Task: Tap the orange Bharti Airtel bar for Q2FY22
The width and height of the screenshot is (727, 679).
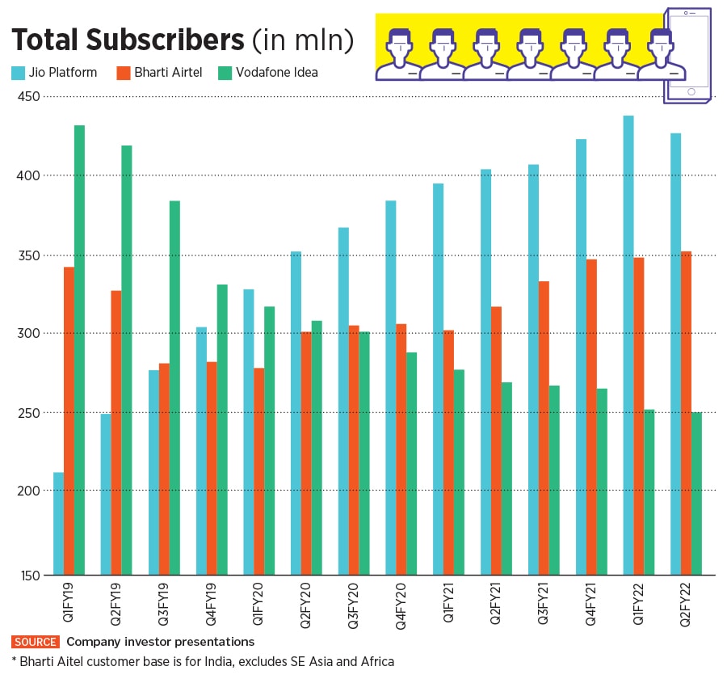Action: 686,412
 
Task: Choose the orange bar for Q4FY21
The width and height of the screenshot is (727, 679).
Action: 592,415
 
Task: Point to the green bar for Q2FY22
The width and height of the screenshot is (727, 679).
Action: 696,493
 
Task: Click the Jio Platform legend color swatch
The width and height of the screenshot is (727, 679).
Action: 18,73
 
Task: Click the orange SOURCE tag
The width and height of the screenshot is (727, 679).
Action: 36,642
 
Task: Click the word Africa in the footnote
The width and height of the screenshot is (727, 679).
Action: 375,661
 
